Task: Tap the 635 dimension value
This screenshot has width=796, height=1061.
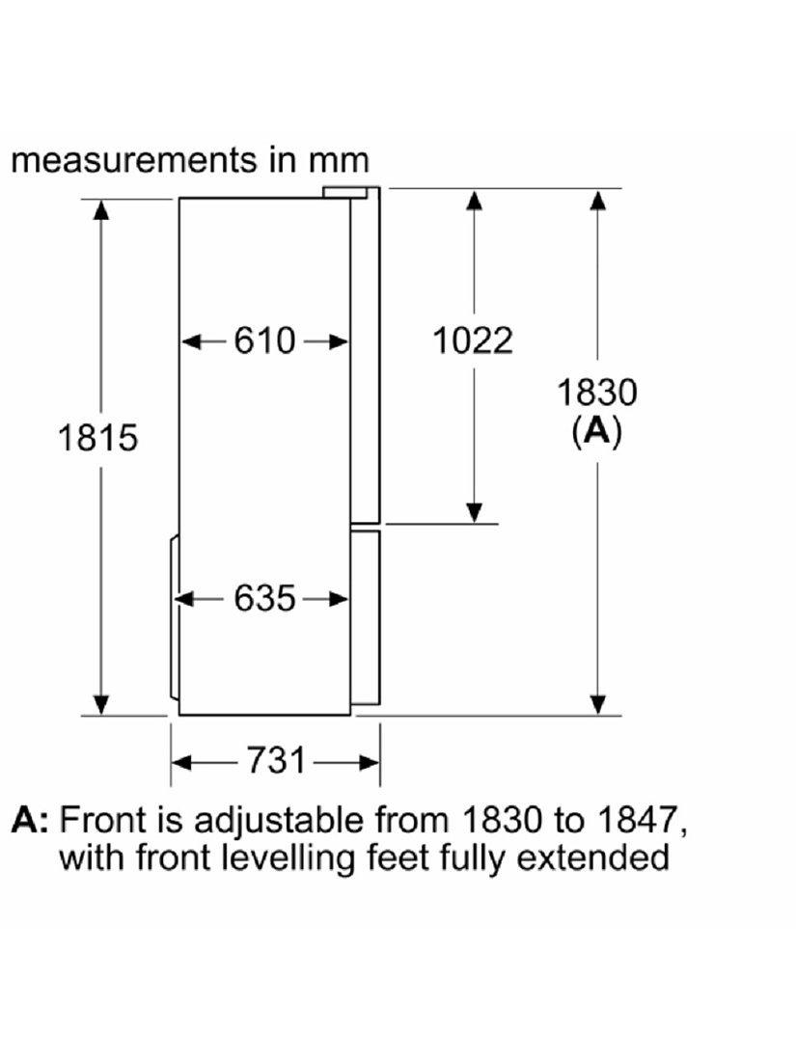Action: point(264,598)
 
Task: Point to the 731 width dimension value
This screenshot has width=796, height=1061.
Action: point(276,760)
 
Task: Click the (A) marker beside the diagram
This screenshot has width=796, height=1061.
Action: point(596,431)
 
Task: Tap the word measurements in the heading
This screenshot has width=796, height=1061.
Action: point(134,161)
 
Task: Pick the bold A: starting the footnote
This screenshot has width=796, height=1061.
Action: point(31,819)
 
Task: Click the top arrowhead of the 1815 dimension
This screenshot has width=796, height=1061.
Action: point(101,209)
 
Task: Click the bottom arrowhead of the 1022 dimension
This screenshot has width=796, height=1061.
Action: point(475,513)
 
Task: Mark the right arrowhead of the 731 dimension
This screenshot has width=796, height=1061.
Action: point(369,763)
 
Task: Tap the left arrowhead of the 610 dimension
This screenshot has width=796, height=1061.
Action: point(193,341)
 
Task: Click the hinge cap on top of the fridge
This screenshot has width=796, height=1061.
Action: point(345,192)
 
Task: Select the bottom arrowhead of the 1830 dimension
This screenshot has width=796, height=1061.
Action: point(597,704)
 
